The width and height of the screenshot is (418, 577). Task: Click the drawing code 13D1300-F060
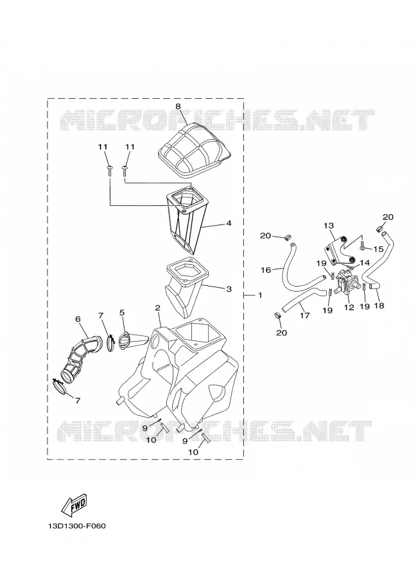(x=76, y=526)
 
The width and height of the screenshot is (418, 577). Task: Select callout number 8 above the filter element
(x=178, y=106)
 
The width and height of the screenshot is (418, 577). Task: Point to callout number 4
(x=229, y=223)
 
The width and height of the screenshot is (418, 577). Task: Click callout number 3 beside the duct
(x=229, y=289)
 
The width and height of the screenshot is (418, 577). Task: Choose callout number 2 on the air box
(x=157, y=308)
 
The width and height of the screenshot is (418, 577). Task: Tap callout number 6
(x=78, y=319)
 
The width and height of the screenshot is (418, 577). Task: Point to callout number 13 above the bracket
(x=329, y=225)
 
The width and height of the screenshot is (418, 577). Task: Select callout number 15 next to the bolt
(x=379, y=249)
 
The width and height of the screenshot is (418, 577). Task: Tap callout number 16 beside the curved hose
(x=266, y=270)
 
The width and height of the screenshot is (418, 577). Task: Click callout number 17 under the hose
(x=305, y=315)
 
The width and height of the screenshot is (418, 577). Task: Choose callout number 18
(x=379, y=305)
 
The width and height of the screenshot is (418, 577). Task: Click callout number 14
(x=365, y=263)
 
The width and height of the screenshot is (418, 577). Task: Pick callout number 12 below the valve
(x=349, y=307)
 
